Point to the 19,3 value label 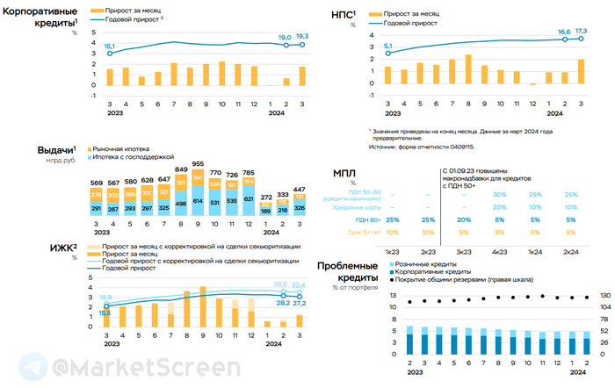pos(301,36)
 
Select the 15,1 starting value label pos(109,46)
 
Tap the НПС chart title pos(339,14)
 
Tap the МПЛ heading pos(345,173)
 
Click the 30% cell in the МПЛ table pos(500,194)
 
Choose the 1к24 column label pos(535,252)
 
